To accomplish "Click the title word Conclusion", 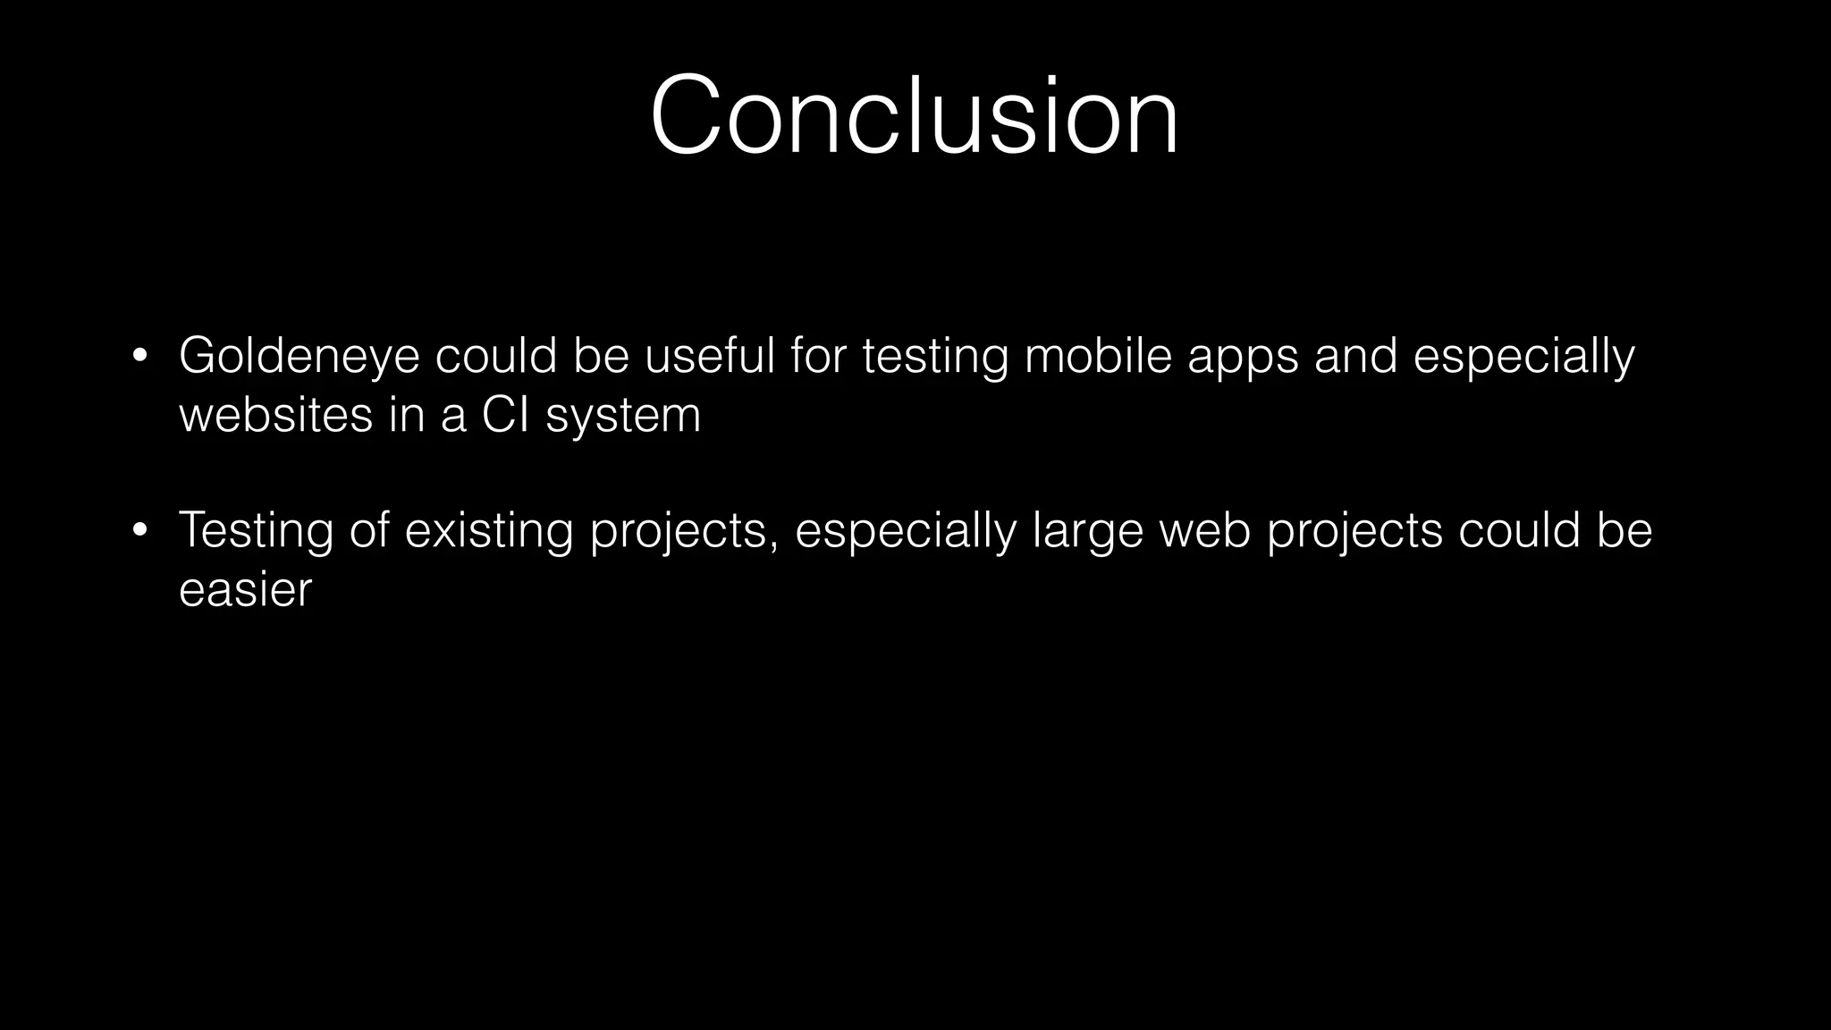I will click(x=914, y=117).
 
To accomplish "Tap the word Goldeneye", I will click(x=299, y=356).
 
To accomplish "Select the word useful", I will click(x=709, y=356).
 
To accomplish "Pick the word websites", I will click(x=275, y=415).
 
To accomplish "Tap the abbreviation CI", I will click(x=505, y=415).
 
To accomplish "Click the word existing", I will click(x=488, y=531).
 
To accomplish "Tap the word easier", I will click(x=245, y=590).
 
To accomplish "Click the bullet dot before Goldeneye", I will click(x=139, y=357).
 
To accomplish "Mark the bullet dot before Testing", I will click(x=139, y=531).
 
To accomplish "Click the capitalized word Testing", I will click(x=256, y=531).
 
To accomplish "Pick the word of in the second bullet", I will click(x=369, y=530).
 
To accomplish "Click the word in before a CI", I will click(x=406, y=415).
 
